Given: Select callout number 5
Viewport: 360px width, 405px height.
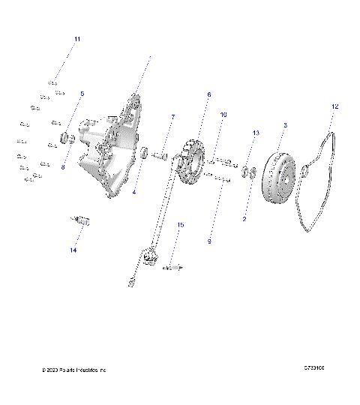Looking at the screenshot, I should click(82, 94).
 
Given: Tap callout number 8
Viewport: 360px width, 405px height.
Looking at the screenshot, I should click(63, 167).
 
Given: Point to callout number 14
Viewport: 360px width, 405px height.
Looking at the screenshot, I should click(73, 250).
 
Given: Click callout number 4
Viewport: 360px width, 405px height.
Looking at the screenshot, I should click(133, 192).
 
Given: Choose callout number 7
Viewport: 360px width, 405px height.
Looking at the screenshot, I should click(172, 117).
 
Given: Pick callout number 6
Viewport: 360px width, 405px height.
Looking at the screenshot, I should click(209, 94).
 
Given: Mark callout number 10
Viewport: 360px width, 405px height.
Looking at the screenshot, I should click(223, 114).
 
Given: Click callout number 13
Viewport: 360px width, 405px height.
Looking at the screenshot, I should click(256, 133).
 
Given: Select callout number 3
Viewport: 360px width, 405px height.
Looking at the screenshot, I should click(284, 124).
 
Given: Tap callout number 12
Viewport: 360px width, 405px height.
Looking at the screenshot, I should click(334, 107).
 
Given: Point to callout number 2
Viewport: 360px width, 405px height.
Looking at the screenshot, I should click(244, 219).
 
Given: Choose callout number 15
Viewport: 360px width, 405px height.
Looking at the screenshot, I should click(180, 224).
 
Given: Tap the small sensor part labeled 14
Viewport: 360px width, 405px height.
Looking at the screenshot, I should click(78, 220).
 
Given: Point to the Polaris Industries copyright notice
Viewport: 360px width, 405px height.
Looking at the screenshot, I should click(75, 370).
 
